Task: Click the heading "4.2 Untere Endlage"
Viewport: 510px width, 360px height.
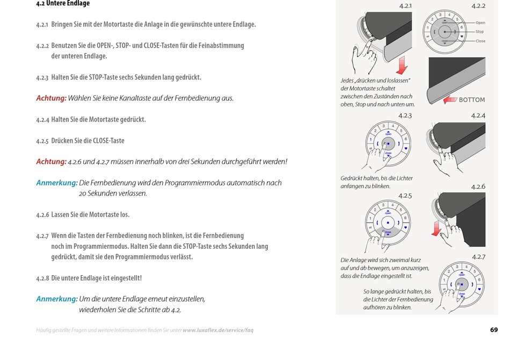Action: coord(63,4)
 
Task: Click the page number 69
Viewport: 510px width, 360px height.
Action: coord(494,330)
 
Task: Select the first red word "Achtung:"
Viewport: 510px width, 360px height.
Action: coord(51,98)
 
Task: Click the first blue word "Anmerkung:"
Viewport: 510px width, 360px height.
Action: coord(56,183)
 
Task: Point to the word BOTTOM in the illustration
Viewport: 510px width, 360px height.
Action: coord(472,100)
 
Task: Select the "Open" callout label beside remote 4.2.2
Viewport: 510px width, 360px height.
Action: coord(480,23)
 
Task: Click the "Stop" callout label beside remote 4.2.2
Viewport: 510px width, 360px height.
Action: coord(480,32)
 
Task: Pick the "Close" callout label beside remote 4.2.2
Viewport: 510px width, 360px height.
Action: coord(480,41)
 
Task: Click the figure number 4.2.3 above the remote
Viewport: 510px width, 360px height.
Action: coord(405,116)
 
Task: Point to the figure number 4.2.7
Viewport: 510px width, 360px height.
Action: coord(478,257)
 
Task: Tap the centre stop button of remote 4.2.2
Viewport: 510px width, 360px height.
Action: coord(445,32)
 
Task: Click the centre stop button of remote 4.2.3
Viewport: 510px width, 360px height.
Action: coord(388,143)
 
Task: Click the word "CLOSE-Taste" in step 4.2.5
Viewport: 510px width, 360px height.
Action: coord(108,141)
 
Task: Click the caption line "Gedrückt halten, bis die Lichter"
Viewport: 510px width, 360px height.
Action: coord(376,178)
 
